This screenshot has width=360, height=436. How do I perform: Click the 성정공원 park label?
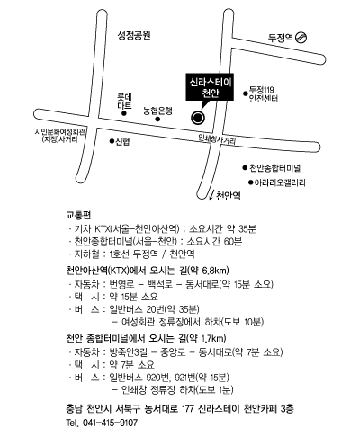coord(134,36)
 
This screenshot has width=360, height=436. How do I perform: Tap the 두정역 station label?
coord(281,38)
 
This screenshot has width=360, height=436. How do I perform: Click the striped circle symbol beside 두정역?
coord(301,38)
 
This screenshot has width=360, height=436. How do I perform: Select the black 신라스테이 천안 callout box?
coord(210,87)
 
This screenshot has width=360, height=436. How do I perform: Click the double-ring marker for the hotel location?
coord(198,118)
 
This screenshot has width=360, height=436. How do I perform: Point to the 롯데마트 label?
coord(124,102)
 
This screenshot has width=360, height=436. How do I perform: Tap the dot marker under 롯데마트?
coord(123,113)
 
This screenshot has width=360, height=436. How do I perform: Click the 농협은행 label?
coord(157,111)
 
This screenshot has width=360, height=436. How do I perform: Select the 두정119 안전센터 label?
coord(264,94)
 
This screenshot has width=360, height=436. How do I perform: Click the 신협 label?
coord(122,141)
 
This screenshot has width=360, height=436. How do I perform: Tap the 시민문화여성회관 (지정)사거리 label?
coord(60,136)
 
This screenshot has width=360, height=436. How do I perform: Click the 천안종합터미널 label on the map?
coord(275,168)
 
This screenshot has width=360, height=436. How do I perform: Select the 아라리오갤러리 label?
coord(280,182)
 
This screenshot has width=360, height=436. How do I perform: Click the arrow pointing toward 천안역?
coord(212,194)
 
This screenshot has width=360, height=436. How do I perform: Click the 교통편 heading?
coord(78,215)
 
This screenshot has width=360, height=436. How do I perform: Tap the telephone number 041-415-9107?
coord(110,423)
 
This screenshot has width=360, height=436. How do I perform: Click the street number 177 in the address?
coord(188,408)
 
